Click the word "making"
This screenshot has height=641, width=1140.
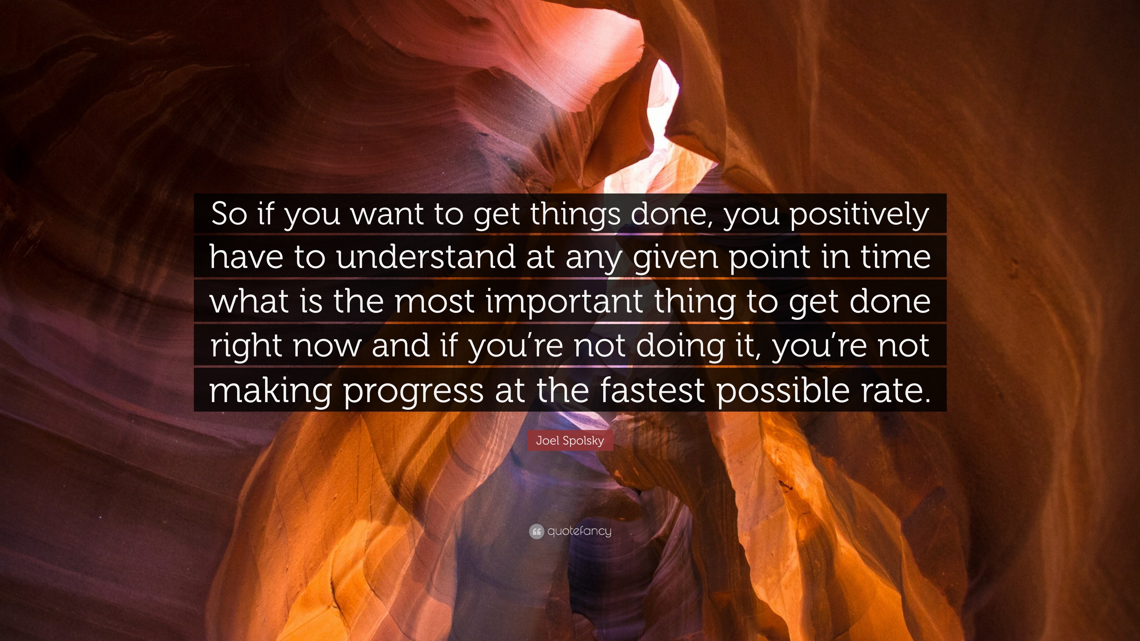pos(270,391)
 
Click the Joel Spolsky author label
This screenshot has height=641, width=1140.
pos(570,441)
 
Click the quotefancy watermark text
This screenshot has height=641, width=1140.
pos(579,531)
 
